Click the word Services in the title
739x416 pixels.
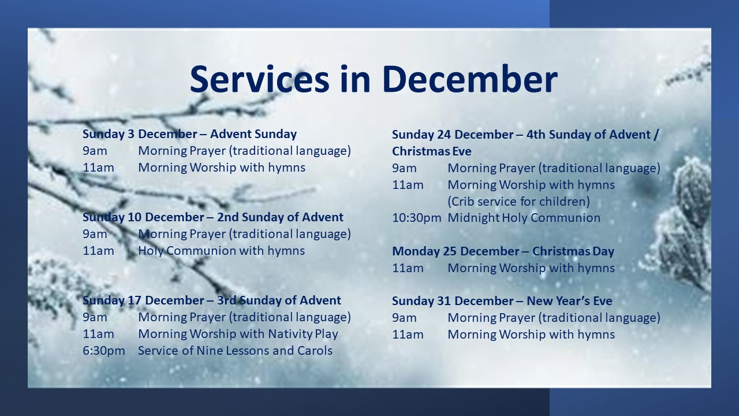coord(260,79)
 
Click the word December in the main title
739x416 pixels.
coord(470,79)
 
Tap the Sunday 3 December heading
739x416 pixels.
coord(189,134)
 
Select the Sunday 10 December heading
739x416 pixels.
coord(213,217)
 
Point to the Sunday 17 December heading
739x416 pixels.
coord(211,300)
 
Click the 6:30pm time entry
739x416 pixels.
coord(103,351)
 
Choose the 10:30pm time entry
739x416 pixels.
coord(416,218)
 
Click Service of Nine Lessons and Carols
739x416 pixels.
coord(235,351)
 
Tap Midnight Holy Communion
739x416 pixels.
coord(524,218)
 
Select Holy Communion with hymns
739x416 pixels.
coord(221,251)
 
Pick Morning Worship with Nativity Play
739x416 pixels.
coord(238,334)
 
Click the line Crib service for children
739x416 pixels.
coord(518,202)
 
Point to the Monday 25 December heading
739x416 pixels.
coord(503,251)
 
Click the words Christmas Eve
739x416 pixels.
coord(431,151)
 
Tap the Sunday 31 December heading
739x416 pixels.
coord(502,301)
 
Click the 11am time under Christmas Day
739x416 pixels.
coord(408,268)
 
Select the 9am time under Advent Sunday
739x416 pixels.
coord(95,151)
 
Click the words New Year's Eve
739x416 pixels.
coord(569,301)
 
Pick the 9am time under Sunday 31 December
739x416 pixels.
coord(404,318)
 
